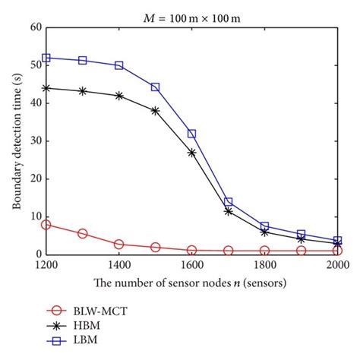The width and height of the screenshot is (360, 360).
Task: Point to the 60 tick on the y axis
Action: coord(34,27)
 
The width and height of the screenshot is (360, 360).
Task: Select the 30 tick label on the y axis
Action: coord(34,141)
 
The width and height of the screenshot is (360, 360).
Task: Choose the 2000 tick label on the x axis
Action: coord(337,267)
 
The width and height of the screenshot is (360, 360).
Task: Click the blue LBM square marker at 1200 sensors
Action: coord(46,58)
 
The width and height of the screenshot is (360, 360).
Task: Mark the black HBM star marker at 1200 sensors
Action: coord(46,88)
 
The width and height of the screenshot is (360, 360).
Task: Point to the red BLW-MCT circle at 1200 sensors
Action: coord(46,225)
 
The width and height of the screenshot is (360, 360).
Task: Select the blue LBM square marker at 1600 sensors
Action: coord(192,134)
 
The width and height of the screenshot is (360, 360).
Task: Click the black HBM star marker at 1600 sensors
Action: coord(192,153)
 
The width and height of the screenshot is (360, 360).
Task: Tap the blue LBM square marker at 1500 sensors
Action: coord(156,87)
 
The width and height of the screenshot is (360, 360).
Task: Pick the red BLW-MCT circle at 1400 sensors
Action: coord(119,245)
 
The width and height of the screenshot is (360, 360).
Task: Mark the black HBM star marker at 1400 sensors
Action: coord(119,96)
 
